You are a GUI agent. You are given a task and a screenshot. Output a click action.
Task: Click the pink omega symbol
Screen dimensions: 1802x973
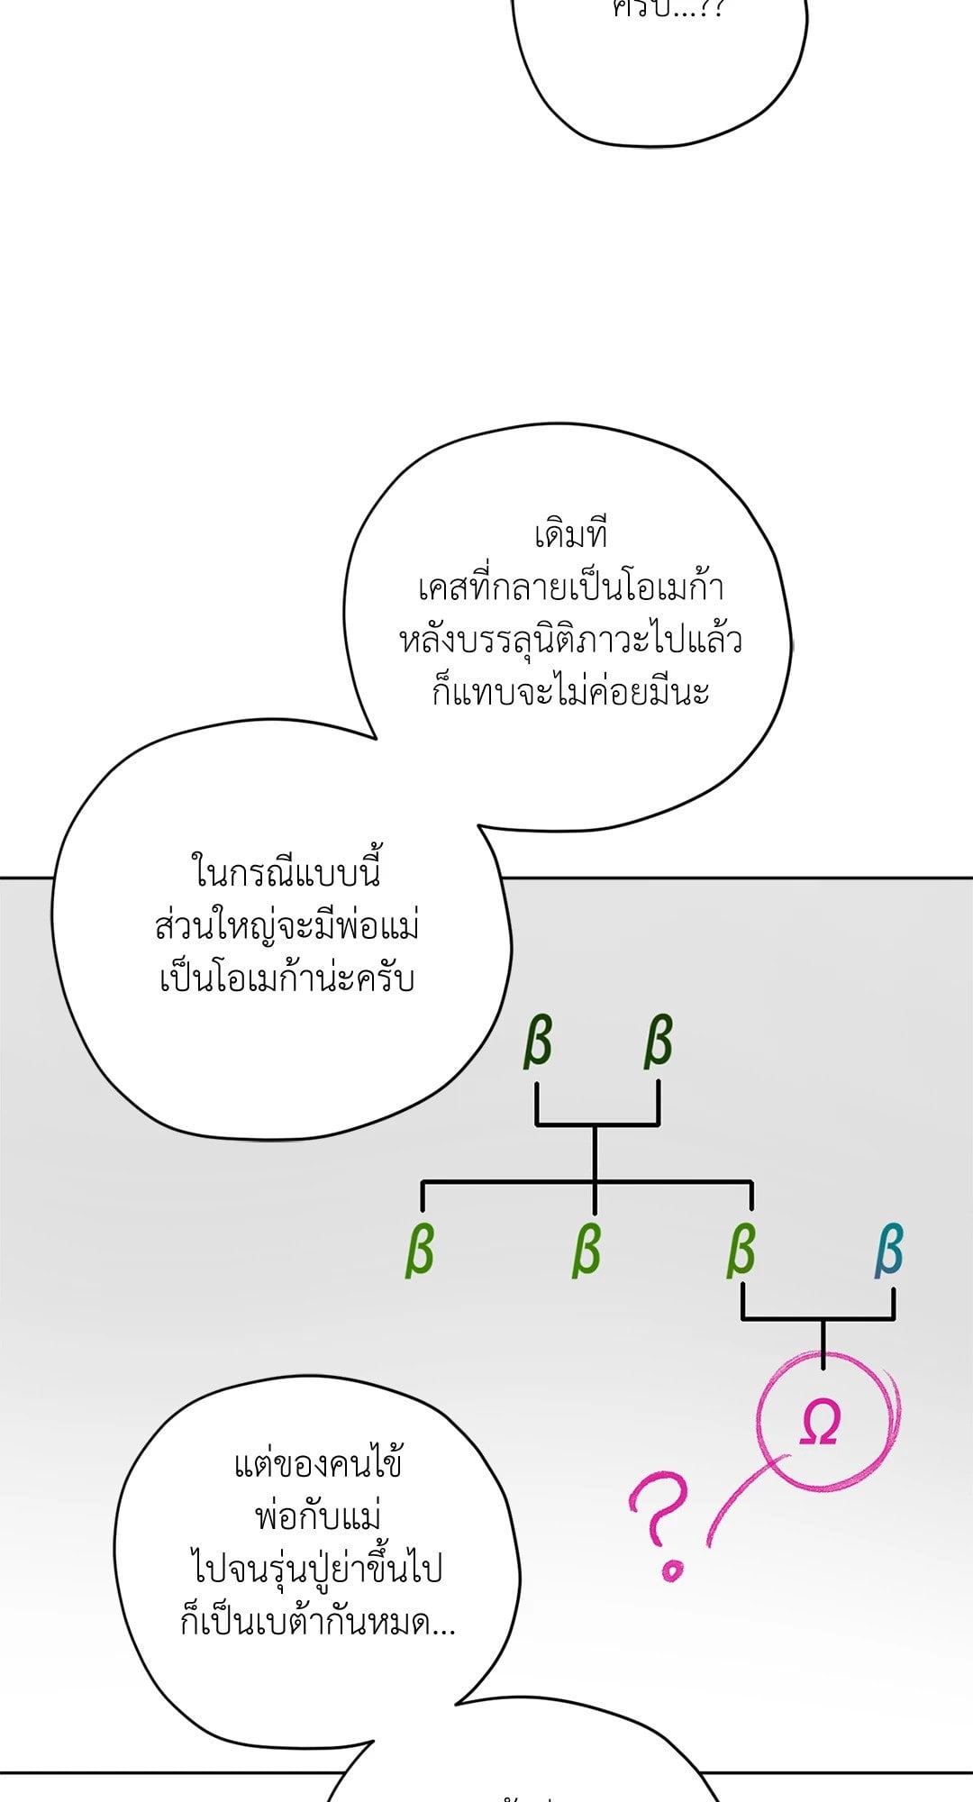(x=820, y=1424)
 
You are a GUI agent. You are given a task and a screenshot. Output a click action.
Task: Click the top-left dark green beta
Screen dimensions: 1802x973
(x=538, y=1042)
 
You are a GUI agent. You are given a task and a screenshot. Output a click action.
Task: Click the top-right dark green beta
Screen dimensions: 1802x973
(x=659, y=1042)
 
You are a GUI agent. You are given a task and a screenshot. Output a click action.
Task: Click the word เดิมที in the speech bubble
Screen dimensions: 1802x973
(x=571, y=535)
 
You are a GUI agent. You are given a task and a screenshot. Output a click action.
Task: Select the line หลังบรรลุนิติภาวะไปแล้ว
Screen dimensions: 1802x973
(x=571, y=641)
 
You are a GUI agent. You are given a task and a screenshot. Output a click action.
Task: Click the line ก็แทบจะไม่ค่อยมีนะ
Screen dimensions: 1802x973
(x=571, y=693)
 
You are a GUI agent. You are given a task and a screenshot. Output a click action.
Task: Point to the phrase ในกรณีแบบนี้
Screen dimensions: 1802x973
(x=286, y=873)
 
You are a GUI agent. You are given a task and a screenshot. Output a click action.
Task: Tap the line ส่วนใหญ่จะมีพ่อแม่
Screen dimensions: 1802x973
(x=286, y=926)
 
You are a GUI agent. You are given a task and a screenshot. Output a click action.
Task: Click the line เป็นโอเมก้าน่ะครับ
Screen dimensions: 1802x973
(x=286, y=978)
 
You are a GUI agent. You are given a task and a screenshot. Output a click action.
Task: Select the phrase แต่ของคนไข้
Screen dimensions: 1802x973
(x=318, y=1464)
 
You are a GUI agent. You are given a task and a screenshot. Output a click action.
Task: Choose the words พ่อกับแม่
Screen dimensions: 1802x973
(x=318, y=1516)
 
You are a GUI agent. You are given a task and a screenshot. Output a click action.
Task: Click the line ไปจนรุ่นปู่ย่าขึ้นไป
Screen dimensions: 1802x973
(x=318, y=1569)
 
